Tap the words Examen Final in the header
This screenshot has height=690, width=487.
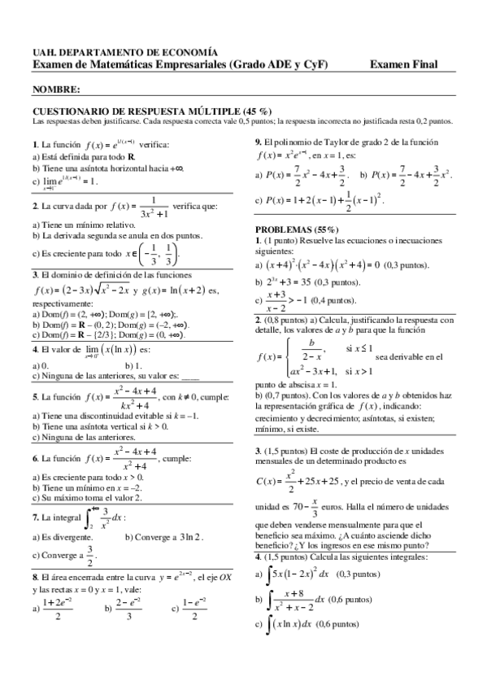coord(402,64)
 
